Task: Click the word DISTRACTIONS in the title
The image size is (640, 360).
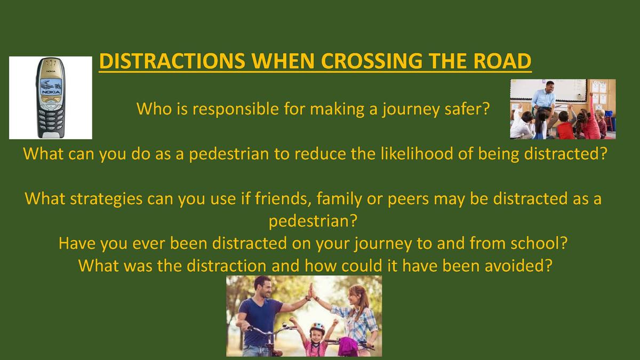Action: (172, 61)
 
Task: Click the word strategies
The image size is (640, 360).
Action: (106, 198)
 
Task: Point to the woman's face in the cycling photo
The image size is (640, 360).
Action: (353, 296)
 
